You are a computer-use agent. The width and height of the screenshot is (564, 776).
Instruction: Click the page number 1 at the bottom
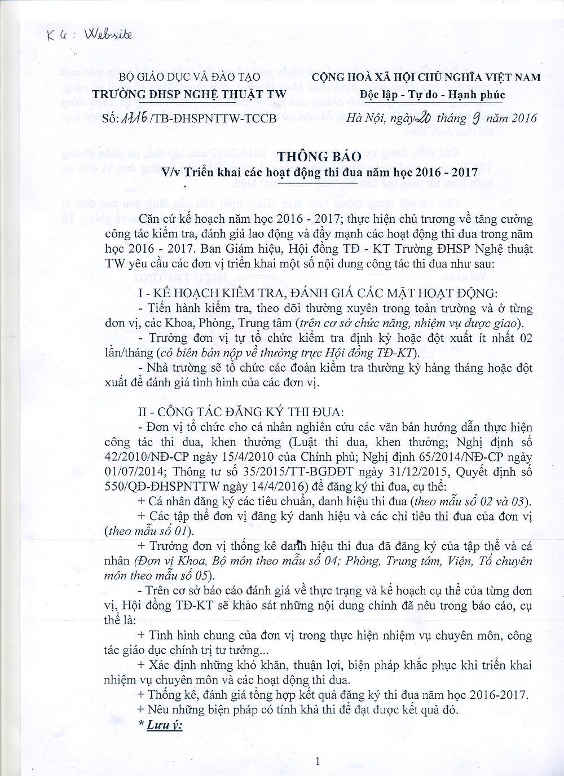coord(318,762)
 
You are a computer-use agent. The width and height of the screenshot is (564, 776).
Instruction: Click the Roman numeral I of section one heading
coord(140,294)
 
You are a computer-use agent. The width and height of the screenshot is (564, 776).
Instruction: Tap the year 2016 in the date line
coord(524,117)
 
